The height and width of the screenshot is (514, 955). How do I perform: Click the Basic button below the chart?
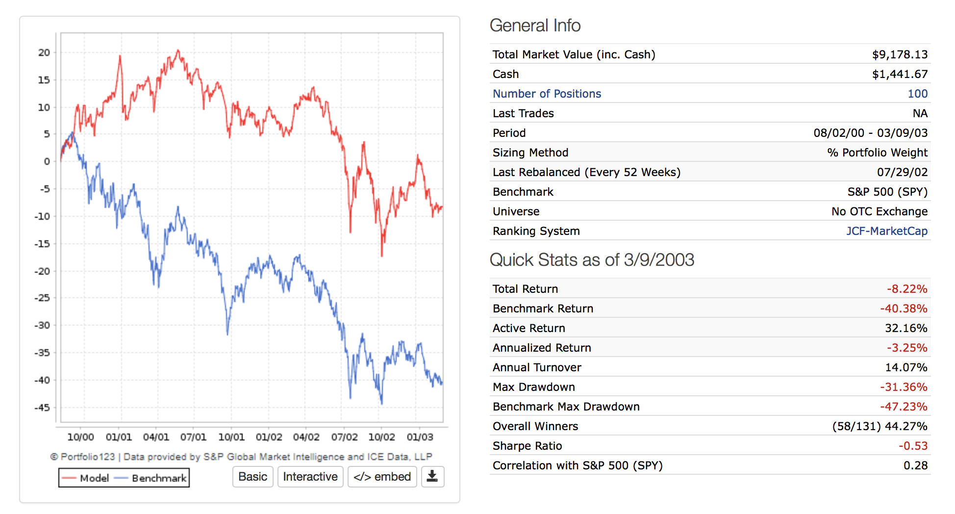[252, 477]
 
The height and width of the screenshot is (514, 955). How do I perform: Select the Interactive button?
[310, 477]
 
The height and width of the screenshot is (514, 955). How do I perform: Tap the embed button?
[382, 477]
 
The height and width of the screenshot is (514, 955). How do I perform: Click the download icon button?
[432, 477]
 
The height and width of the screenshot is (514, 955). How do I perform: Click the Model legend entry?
[86, 478]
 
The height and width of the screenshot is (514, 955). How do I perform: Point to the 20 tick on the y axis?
[44, 52]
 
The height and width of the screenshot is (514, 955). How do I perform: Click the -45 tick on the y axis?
[42, 408]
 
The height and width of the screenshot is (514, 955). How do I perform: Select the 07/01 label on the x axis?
[193, 437]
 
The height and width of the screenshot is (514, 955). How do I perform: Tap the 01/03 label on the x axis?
[420, 437]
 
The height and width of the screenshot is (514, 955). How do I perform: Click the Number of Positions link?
[547, 94]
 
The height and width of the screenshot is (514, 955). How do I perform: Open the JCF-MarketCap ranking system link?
[886, 231]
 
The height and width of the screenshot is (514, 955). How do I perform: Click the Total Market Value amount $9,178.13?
[900, 54]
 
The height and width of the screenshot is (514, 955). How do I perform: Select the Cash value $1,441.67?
[900, 74]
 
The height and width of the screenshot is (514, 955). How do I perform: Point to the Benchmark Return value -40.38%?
[903, 308]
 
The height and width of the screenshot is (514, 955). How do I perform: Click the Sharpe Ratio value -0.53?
[913, 446]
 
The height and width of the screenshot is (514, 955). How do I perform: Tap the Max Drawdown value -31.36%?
[903, 387]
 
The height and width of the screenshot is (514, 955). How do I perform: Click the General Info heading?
[535, 26]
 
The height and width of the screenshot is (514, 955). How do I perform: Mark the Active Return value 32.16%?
[905, 328]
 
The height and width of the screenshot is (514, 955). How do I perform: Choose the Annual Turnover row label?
[537, 367]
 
